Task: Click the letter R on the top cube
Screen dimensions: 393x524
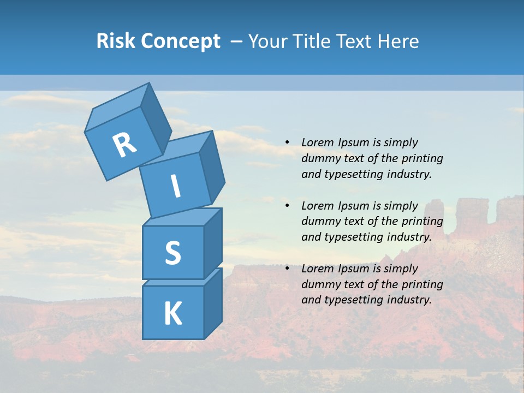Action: [124, 145]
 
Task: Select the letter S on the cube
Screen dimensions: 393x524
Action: [172, 253]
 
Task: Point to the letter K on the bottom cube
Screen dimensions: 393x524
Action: [172, 313]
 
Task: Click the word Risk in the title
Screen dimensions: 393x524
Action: [116, 41]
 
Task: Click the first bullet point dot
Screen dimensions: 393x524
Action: [287, 142]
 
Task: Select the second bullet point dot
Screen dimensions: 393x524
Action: [287, 206]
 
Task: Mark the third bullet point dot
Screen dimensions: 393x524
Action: [287, 269]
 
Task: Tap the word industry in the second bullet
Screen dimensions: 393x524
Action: [409, 237]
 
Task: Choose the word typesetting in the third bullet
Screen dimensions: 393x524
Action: [353, 300]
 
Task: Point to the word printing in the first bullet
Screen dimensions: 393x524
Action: [422, 158]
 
